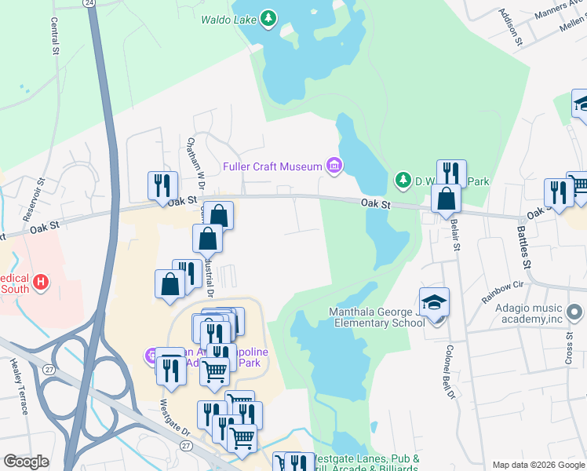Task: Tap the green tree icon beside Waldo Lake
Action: point(269,18)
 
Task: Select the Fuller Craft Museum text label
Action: point(272,166)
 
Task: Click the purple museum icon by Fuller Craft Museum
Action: point(335,166)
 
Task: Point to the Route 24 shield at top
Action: point(90,3)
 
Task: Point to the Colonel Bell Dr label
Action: point(450,369)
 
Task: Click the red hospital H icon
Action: point(42,280)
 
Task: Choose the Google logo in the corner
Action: point(27,462)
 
